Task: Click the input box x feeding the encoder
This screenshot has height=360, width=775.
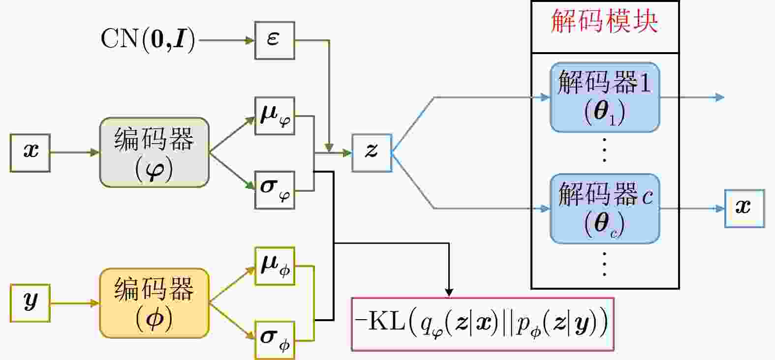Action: [30, 152]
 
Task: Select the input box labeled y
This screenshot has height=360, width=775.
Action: [30, 303]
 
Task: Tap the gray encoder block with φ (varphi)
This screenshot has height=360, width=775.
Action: [155, 152]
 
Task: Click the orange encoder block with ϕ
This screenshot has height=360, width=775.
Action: [155, 303]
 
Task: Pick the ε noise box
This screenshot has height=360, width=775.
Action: [275, 40]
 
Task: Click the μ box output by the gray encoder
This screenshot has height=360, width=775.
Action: [275, 116]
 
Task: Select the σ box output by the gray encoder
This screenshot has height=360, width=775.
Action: [275, 190]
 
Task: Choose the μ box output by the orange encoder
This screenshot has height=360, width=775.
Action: [275, 266]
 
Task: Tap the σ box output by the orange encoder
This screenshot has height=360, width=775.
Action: [275, 340]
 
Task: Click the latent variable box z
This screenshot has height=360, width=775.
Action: [372, 152]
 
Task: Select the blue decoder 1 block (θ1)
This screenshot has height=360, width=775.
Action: [605, 97]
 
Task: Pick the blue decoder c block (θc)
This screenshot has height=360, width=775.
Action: [605, 209]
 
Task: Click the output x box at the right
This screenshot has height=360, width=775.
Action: [744, 209]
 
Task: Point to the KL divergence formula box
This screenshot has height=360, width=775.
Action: [483, 324]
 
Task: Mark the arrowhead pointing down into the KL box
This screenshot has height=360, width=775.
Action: [449, 292]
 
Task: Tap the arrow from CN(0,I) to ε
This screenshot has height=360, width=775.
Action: [226, 40]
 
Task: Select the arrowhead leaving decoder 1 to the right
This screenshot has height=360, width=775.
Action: [720, 97]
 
